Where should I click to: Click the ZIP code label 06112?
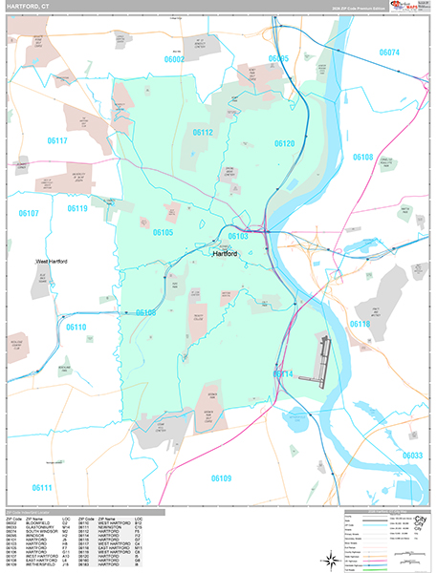(x=202, y=133)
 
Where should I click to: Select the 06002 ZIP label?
(x=174, y=58)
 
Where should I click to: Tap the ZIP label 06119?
(x=77, y=208)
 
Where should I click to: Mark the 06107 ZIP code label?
(x=28, y=214)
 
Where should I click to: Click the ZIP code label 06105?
(x=163, y=232)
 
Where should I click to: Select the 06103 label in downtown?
(x=238, y=236)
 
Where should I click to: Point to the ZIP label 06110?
(x=76, y=327)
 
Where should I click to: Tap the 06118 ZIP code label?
(x=360, y=325)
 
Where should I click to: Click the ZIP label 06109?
(x=221, y=477)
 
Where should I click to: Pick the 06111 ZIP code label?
(x=41, y=488)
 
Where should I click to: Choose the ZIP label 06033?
(x=412, y=456)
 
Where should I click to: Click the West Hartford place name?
(x=55, y=261)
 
